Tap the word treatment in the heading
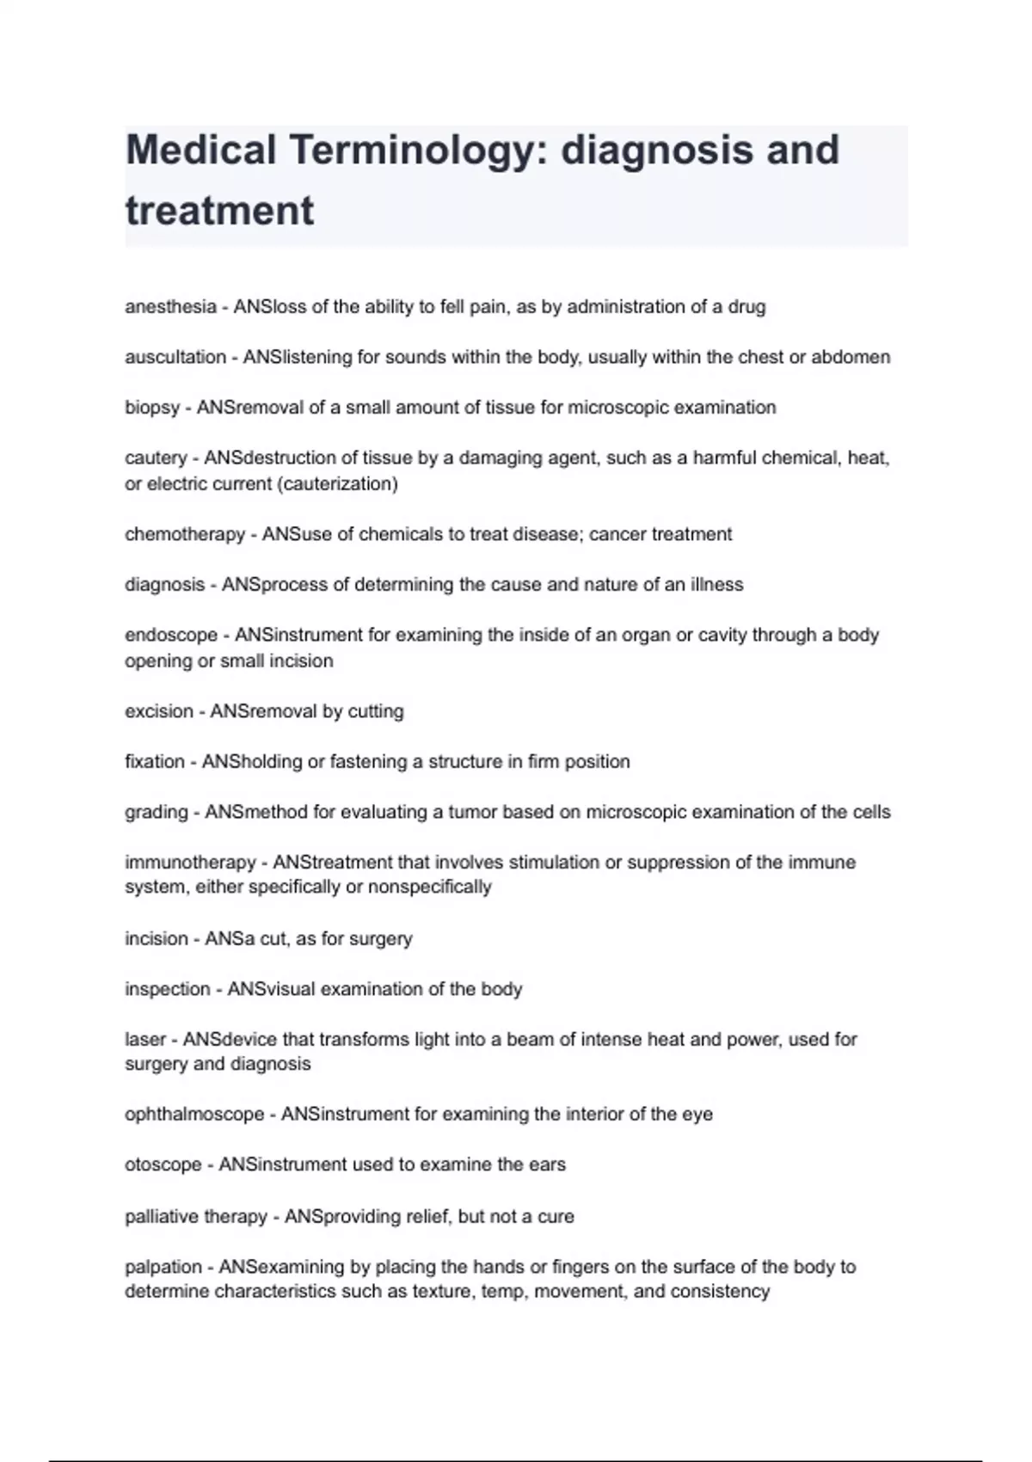click(219, 211)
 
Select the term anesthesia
click(170, 307)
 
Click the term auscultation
click(175, 357)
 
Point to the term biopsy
click(152, 408)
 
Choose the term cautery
click(156, 458)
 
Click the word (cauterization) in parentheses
click(337, 484)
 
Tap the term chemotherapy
click(185, 534)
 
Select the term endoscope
click(171, 635)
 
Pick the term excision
click(159, 711)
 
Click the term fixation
click(155, 761)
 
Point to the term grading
click(157, 812)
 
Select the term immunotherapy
click(190, 862)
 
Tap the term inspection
click(168, 989)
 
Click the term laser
click(145, 1039)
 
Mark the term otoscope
click(163, 1164)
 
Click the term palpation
click(163, 1267)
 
